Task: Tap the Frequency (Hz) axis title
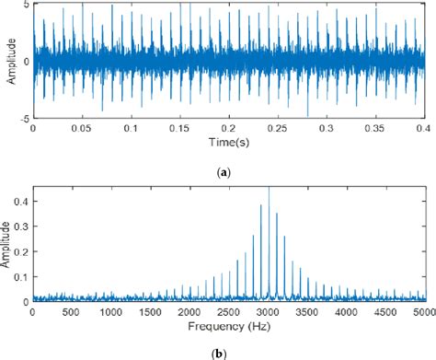tap(229, 326)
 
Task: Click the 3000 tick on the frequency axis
tap(269, 313)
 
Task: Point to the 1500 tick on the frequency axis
tap(150, 313)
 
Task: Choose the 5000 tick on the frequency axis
tap(424, 313)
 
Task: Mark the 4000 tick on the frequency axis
tap(347, 313)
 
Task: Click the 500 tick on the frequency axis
tap(72, 313)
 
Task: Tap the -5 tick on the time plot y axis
tap(24, 119)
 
